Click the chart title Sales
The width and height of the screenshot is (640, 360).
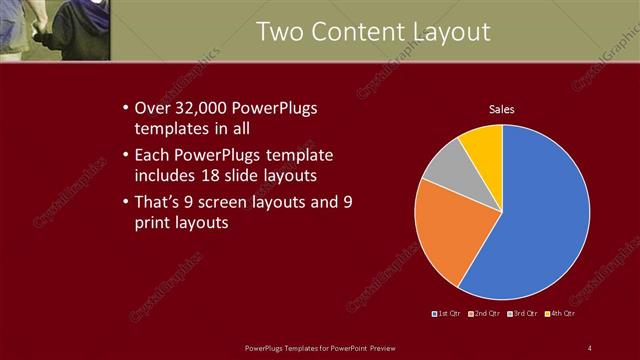pos(501,109)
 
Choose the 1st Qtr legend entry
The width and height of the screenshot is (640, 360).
pos(446,314)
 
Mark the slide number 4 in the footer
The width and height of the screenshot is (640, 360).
pos(590,347)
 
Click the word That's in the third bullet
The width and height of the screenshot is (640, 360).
pos(158,203)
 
